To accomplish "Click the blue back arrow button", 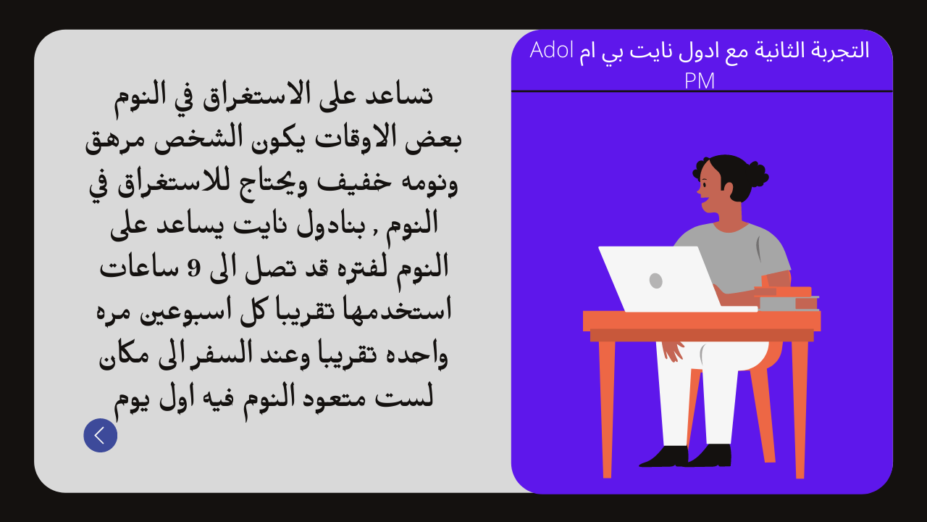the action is [100, 435].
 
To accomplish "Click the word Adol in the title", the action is [551, 50].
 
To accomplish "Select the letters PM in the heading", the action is [700, 80].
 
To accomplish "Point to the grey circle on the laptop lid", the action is [655, 281].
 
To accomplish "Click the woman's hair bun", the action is [756, 175].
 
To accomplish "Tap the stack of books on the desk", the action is [787, 298].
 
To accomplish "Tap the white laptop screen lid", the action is [658, 278].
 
